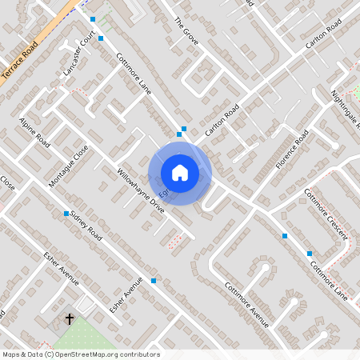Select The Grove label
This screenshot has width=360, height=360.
pos(185,30)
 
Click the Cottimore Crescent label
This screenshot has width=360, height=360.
pos(325,213)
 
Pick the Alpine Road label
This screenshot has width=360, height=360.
pos(35,133)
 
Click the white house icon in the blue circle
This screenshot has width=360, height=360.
pos(180,173)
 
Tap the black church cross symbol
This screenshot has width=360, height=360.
pos(70,319)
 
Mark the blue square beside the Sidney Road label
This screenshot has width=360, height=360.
pos(66,214)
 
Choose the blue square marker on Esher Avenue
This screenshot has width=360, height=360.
pos(153,281)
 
